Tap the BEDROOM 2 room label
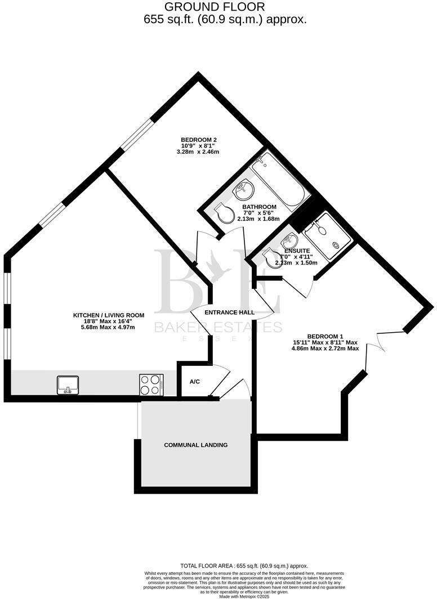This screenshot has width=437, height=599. click(199, 140)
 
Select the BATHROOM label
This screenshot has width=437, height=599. click(259, 207)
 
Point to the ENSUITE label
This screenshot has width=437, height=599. click(296, 251)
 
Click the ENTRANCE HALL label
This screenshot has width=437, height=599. click(229, 312)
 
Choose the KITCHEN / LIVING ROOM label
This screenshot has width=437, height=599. click(109, 315)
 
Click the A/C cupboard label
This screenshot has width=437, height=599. click(195, 382)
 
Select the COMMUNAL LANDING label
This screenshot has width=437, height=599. click(195, 445)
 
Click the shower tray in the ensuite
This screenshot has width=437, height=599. click(327, 235)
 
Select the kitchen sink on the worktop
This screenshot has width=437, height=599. click(68, 385)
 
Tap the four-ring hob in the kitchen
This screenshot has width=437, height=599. click(151, 385)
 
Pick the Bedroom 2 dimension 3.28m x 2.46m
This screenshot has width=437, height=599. click(199, 152)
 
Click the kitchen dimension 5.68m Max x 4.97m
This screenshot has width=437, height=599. click(109, 327)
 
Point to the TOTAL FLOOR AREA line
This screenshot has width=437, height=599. click(244, 566)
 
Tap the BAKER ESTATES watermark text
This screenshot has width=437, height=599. click(218, 327)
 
